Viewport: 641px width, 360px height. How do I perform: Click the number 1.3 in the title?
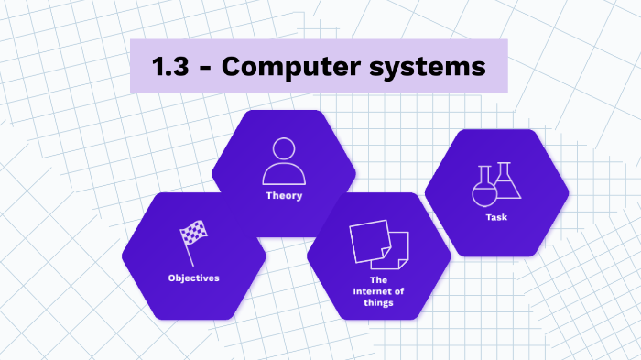[x=170, y=66]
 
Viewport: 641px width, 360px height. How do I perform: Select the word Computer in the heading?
[x=291, y=67]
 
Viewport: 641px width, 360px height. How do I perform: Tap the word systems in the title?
[x=428, y=68]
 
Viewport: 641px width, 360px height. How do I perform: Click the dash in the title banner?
[x=205, y=68]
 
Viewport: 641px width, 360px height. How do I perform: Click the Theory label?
[x=284, y=195]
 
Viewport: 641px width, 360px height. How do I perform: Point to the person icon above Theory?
[x=284, y=161]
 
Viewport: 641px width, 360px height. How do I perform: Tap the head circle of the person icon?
[x=284, y=148]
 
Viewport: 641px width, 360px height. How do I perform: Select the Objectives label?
[x=194, y=278]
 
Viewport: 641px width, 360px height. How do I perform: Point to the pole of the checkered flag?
[x=188, y=254]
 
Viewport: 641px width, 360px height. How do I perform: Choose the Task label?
[x=496, y=217]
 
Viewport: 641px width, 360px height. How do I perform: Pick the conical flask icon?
[x=507, y=180]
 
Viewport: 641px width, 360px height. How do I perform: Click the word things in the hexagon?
[x=378, y=303]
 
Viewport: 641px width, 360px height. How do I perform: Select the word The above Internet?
[x=378, y=280]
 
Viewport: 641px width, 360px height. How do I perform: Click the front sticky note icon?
[x=370, y=241]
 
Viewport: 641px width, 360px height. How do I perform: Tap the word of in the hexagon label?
[x=399, y=291]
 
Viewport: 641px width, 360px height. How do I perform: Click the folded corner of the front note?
[x=386, y=253]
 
